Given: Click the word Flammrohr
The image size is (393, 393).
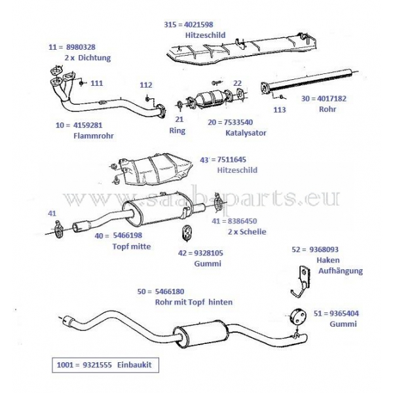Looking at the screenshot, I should [93, 136].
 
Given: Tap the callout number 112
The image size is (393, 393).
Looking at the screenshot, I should [145, 85].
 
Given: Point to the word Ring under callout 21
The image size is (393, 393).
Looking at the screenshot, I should [177, 130].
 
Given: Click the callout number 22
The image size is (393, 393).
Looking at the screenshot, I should [237, 83].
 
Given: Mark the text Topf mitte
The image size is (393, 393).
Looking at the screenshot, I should [132, 246].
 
